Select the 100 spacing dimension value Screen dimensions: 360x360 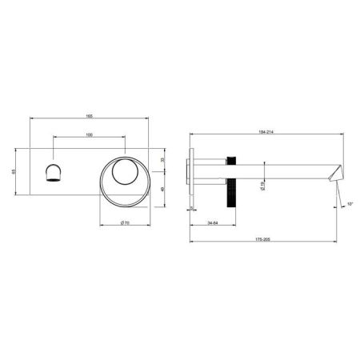[89, 133]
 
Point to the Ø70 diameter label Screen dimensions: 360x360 [124, 222]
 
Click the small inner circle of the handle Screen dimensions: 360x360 [124, 172]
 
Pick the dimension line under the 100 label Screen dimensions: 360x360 [89, 138]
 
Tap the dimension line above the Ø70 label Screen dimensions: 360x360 [124, 217]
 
